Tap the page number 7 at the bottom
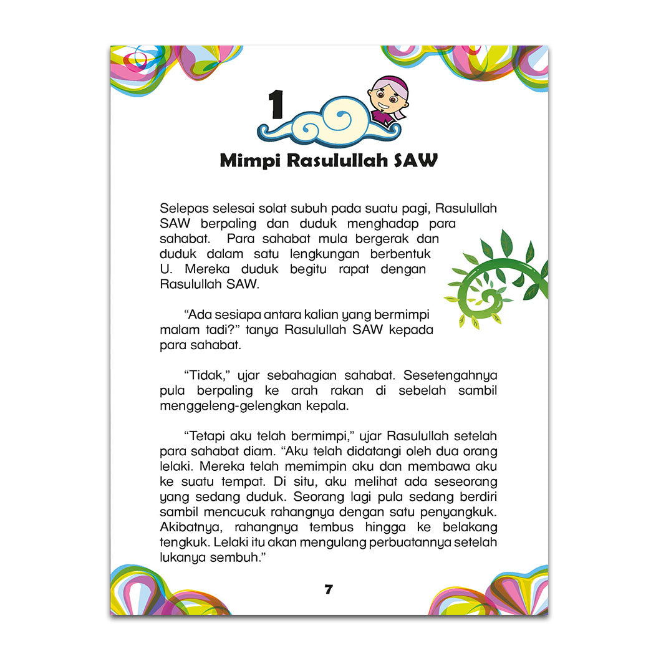pos(329,589)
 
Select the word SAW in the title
pos(417,161)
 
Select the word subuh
pos(303,208)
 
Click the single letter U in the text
pos(164,270)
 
